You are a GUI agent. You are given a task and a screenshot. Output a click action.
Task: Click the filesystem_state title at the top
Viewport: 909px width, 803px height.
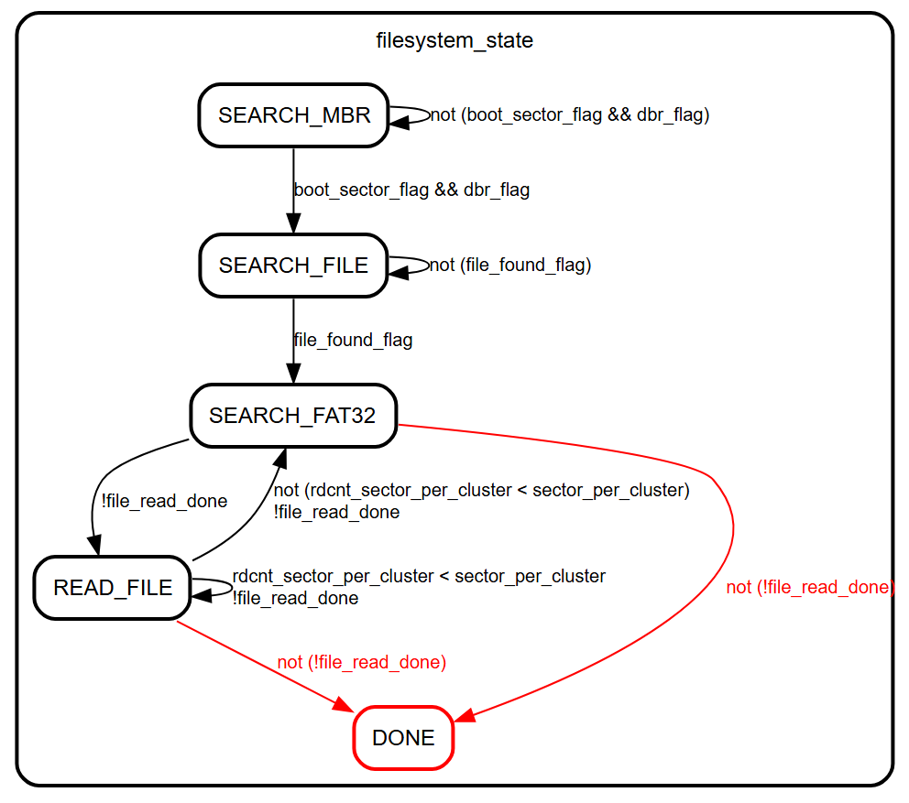point(454,40)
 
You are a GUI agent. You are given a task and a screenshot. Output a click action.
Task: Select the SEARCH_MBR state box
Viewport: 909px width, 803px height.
point(293,114)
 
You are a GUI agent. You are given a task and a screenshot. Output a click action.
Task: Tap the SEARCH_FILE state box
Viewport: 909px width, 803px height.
point(293,265)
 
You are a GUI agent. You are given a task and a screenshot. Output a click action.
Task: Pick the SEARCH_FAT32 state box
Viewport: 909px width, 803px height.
point(293,415)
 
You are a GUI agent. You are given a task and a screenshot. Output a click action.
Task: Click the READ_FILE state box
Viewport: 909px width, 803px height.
point(112,587)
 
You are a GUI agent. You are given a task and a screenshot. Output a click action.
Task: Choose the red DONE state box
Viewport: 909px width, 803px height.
point(403,738)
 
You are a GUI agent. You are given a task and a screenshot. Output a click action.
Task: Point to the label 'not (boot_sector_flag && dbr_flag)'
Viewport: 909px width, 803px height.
point(570,114)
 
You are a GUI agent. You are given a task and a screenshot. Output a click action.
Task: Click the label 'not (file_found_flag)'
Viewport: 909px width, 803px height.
point(510,265)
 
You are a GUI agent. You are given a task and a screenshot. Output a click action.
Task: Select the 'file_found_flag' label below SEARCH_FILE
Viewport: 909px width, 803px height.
point(353,340)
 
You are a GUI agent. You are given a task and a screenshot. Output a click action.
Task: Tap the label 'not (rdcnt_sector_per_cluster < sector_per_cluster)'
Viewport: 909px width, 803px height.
point(481,490)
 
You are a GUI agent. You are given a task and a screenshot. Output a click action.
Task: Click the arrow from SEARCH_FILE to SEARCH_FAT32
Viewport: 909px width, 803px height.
point(293,340)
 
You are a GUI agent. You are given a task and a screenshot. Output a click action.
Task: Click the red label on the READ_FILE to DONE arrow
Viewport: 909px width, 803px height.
point(361,662)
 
